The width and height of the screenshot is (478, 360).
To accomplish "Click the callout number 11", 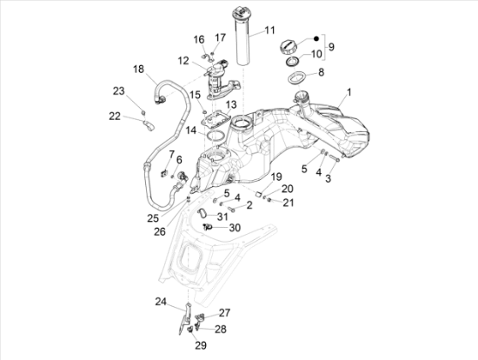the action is (x=269, y=30).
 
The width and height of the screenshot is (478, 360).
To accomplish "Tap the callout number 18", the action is (x=138, y=70).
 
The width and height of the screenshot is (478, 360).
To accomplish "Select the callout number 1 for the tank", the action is (x=349, y=92).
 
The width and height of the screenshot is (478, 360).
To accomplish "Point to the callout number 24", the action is (x=161, y=302).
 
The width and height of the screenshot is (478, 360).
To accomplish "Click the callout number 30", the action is (x=235, y=228).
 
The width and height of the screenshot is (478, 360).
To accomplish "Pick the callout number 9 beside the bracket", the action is (x=331, y=47).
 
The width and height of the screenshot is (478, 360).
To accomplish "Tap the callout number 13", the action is (x=231, y=104).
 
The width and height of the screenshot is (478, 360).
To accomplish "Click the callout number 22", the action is (x=115, y=117).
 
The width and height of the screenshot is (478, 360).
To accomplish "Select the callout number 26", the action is (x=160, y=232).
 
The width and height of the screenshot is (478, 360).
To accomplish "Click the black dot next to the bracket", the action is (x=316, y=38).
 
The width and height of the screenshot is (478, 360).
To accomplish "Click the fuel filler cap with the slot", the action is (x=288, y=47).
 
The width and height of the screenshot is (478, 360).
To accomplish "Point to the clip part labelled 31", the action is (x=202, y=213).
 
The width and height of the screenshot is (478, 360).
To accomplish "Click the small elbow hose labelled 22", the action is (x=149, y=126).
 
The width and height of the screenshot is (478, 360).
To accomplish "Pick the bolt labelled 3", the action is (x=334, y=159).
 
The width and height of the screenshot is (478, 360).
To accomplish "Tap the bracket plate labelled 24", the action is (x=185, y=319).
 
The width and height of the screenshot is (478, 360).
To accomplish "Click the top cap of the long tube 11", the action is (x=240, y=12).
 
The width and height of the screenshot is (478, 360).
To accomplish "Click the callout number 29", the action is (x=201, y=345).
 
